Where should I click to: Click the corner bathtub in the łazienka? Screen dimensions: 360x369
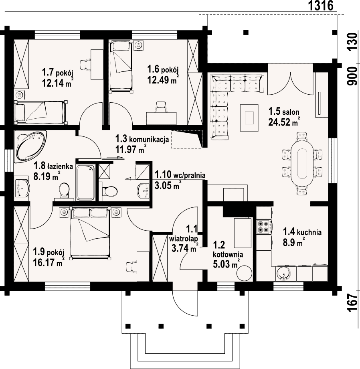pos(30,146)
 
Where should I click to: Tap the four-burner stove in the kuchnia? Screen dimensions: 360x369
pos(263,227)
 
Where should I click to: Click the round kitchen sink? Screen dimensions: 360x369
pos(284,274)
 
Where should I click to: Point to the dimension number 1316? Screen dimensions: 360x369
pos(321,6)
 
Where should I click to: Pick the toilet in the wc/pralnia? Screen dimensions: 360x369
pos(109,191)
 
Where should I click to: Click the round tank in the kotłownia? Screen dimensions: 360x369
pos(244,273)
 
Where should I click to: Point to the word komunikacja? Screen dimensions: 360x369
pos(149,139)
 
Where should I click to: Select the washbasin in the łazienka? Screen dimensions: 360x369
pos(22,188)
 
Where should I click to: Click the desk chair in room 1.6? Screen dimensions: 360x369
pos(161,107)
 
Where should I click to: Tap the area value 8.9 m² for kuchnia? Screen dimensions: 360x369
pos(293,242)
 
